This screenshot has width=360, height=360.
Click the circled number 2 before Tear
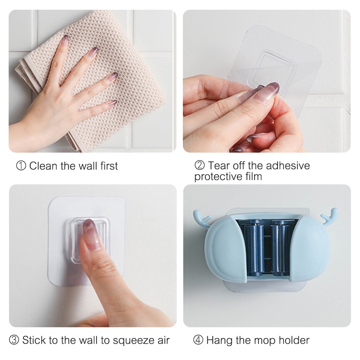pyautogui.click(x=199, y=166)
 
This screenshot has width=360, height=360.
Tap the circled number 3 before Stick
pyautogui.click(x=14, y=340)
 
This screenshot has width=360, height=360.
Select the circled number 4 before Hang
pyautogui.click(x=199, y=340)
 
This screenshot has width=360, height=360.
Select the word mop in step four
pyautogui.click(x=264, y=340)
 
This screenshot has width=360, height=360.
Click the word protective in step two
pyautogui.click(x=220, y=177)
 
